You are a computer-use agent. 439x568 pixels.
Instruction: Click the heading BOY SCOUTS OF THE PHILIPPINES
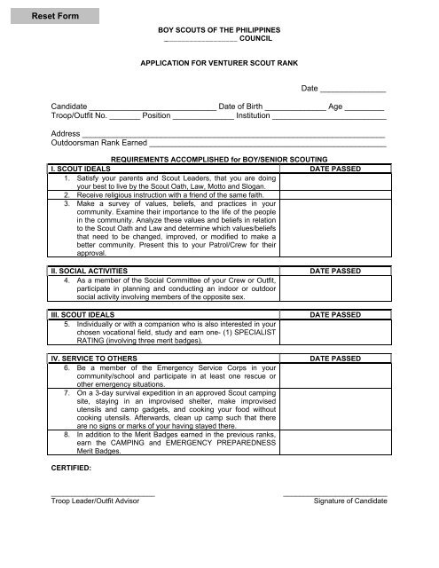[218, 30]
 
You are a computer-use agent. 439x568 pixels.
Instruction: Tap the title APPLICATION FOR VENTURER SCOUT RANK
[218, 65]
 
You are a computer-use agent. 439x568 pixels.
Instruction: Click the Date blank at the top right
[353, 91]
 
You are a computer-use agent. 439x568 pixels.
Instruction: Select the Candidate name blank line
[152, 108]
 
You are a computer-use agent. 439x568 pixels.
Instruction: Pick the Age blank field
[365, 108]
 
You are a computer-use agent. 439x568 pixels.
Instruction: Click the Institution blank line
[329, 118]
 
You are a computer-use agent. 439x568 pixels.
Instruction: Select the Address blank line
[234, 135]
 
